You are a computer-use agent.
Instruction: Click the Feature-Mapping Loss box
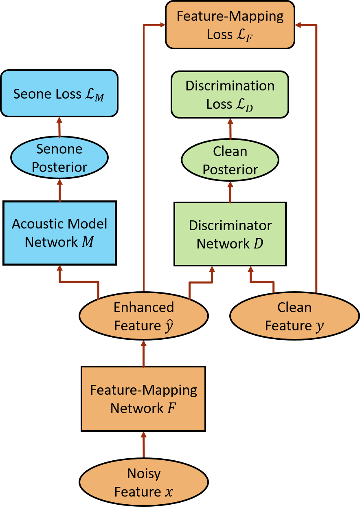(x=230, y=25)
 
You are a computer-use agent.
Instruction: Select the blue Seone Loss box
(x=59, y=93)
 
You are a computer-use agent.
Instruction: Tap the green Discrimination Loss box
(x=230, y=95)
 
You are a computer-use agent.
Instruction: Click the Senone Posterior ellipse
(x=59, y=158)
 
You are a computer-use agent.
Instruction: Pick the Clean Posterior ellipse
(x=230, y=160)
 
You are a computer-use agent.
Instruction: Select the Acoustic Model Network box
(x=59, y=233)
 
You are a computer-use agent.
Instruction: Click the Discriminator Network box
(x=230, y=234)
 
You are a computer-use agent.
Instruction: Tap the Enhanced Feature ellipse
(x=144, y=316)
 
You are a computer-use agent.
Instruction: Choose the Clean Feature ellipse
(x=294, y=316)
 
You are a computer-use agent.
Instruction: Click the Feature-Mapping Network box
(x=143, y=399)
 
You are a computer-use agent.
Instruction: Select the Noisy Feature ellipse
(x=144, y=482)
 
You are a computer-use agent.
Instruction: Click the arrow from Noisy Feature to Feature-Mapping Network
(x=143, y=445)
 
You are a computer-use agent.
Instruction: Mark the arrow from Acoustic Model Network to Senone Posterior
(x=60, y=191)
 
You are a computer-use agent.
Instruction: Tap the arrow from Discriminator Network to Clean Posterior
(x=230, y=192)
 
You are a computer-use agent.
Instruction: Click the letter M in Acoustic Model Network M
(x=88, y=242)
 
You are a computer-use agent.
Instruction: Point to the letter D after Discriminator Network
(x=258, y=244)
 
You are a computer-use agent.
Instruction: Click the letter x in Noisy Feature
(x=169, y=492)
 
